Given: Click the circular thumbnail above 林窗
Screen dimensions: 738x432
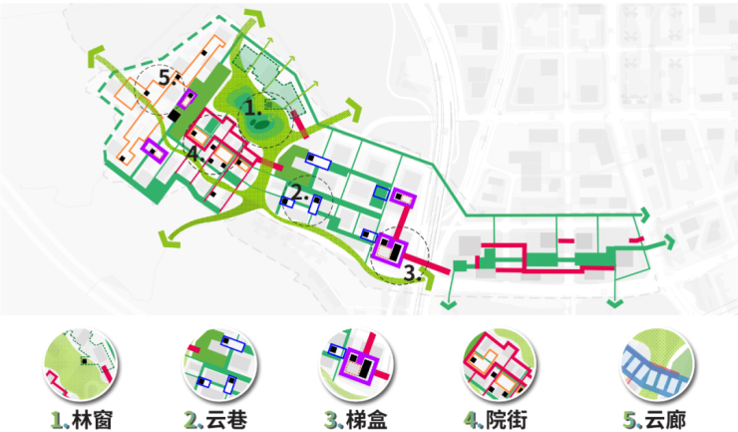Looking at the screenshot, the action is point(81,364).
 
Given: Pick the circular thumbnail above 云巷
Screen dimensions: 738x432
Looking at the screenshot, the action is point(220,364).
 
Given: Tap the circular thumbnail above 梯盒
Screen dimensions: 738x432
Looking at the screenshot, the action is point(357,364).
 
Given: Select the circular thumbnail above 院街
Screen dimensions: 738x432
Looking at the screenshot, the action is point(499,364).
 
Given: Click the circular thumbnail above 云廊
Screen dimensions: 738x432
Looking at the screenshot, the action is point(657,364).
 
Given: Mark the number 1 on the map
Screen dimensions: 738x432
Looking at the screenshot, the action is point(251,109).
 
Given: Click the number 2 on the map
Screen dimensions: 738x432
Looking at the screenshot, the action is point(296,193).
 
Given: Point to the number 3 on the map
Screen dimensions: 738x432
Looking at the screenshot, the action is point(411,272).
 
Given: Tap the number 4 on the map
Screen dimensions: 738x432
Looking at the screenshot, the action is point(192,154).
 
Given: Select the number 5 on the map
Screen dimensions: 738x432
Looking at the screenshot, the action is point(165,77).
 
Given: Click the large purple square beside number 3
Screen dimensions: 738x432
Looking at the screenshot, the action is point(390,249).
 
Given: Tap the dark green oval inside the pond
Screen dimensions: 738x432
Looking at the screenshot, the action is point(259,125).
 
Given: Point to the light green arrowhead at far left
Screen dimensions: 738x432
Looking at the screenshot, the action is point(96,56).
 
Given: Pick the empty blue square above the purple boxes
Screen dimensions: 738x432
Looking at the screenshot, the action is point(381,193).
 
